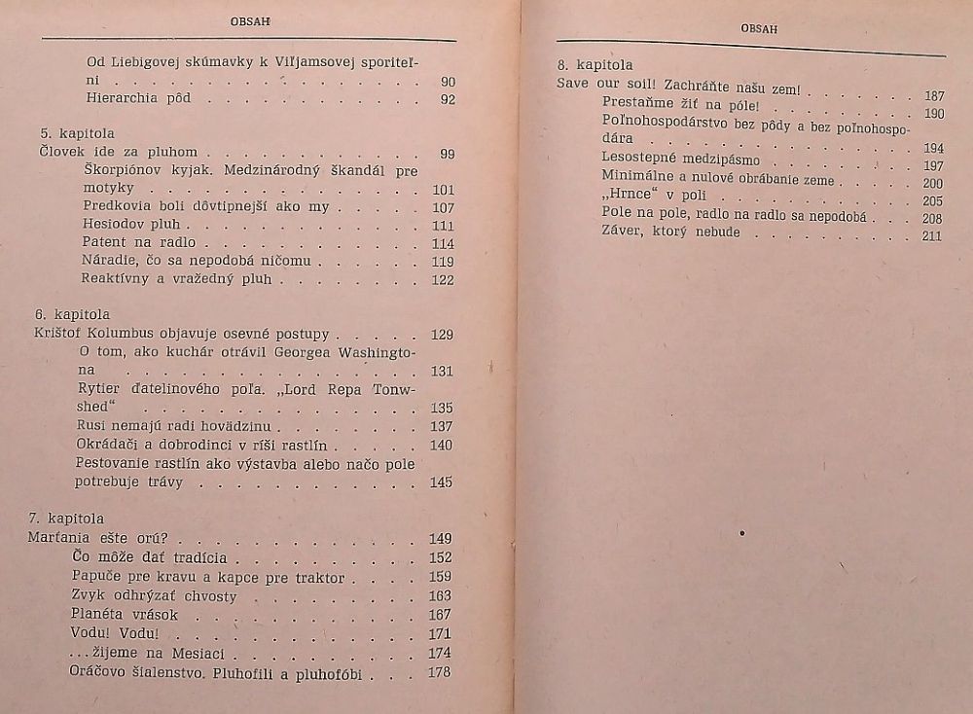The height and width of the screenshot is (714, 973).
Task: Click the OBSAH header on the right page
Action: tap(760, 29)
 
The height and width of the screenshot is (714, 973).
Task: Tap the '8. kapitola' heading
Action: tap(595, 65)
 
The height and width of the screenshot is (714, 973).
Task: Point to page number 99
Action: tap(447, 154)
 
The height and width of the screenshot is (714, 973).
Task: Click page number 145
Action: tap(442, 482)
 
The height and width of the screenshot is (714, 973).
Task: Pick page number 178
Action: tap(441, 672)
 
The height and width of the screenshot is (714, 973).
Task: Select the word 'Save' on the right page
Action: tap(574, 84)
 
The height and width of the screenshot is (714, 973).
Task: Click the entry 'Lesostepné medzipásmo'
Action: tap(681, 159)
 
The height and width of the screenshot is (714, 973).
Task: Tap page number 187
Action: tap(933, 96)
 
